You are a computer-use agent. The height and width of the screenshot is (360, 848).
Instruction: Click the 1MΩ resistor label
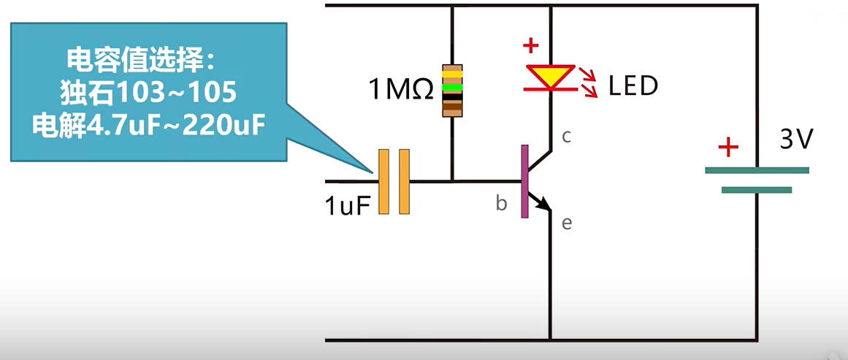pos(401,91)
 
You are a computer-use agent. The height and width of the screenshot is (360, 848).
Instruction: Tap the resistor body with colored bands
pos(453,91)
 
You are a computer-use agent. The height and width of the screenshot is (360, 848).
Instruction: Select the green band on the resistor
pos(453,86)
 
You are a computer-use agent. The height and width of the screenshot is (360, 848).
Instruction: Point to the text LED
pos(633,86)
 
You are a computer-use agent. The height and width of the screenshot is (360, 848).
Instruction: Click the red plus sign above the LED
pos(531,45)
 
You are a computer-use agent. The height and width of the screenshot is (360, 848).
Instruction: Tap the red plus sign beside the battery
pos(727,148)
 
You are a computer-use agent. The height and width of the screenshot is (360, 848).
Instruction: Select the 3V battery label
pos(795,139)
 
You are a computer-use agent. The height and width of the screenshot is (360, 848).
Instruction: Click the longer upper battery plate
pos(757,170)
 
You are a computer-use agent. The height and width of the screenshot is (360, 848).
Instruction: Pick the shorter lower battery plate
pos(757,190)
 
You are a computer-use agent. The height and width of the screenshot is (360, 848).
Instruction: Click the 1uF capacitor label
pos(348,205)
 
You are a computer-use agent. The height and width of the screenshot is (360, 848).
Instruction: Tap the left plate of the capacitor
pos(383,182)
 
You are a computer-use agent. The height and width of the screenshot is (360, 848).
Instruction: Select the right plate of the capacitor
pos(404,182)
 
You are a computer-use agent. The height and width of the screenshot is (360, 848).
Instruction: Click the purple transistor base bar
pos(524,181)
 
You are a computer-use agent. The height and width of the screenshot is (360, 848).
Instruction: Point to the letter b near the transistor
pos(501,204)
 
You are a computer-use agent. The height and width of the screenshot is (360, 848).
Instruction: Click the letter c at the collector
pos(566,137)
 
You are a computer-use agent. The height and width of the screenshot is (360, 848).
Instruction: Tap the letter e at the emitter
pos(567,223)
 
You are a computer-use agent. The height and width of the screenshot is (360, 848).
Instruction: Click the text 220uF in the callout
pos(222,126)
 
